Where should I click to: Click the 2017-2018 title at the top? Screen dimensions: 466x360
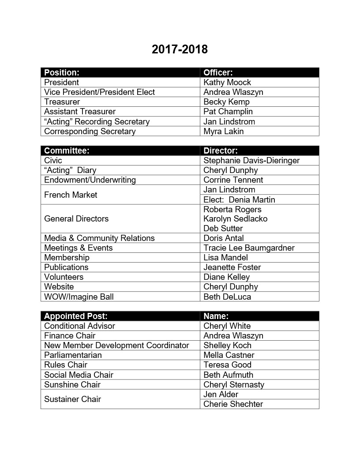click(x=180, y=49)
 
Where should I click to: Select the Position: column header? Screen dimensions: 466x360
click(x=62, y=72)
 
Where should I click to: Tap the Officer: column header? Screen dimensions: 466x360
click(x=218, y=72)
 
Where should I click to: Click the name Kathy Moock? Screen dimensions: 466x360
click(x=227, y=83)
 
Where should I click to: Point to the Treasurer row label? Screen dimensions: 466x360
click(x=62, y=102)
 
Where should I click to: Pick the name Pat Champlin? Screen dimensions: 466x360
click(x=228, y=112)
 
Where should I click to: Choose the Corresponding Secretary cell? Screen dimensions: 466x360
click(x=90, y=132)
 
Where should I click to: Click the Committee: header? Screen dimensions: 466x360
click(x=67, y=151)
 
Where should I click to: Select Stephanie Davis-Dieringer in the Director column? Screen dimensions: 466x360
click(x=251, y=161)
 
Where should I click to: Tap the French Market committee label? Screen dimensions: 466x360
click(x=71, y=195)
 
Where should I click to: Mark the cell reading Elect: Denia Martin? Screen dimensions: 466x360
click(x=239, y=200)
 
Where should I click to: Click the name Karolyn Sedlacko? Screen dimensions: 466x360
click(x=236, y=219)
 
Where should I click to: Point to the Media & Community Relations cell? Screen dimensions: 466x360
click(x=99, y=238)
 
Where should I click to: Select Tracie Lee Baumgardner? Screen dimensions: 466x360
click(x=249, y=248)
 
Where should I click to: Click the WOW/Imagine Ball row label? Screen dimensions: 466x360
click(x=79, y=297)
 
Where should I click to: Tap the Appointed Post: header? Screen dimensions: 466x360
click(x=76, y=316)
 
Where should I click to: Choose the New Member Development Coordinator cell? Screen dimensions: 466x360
click(x=116, y=346)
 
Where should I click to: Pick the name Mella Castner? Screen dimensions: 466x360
click(x=229, y=355)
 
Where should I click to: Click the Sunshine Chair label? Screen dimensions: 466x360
click(x=72, y=385)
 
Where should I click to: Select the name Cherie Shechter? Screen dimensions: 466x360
click(x=233, y=404)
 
